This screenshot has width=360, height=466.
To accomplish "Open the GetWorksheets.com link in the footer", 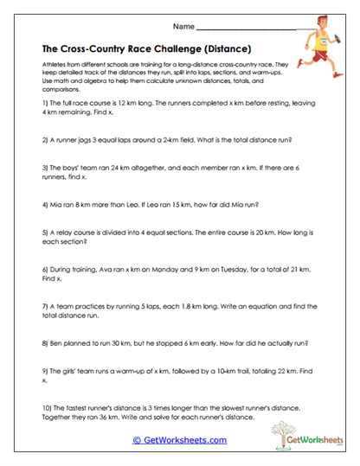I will (180, 439).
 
